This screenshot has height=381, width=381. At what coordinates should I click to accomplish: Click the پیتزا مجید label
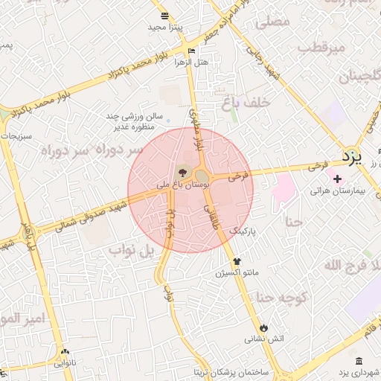pos(165,27)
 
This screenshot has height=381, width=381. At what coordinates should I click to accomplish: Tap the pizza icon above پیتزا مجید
pos(164,16)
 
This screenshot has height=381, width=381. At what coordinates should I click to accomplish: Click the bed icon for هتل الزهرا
pos(192,51)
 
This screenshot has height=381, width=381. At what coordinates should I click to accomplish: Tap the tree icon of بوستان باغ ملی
pos(184,172)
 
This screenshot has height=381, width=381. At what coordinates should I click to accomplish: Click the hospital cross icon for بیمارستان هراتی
pos(338,179)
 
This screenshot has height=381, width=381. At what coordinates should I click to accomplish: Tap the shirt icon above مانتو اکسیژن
pos(237,261)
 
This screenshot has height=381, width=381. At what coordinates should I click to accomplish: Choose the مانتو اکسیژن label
pos(237,273)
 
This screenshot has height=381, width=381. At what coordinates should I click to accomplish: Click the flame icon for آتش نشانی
pos(263,327)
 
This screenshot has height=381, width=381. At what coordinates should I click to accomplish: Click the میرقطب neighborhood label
pos(322,47)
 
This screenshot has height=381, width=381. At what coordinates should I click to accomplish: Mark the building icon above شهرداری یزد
pos(359,360)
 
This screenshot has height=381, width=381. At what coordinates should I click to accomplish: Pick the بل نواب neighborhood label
pos(132,250)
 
